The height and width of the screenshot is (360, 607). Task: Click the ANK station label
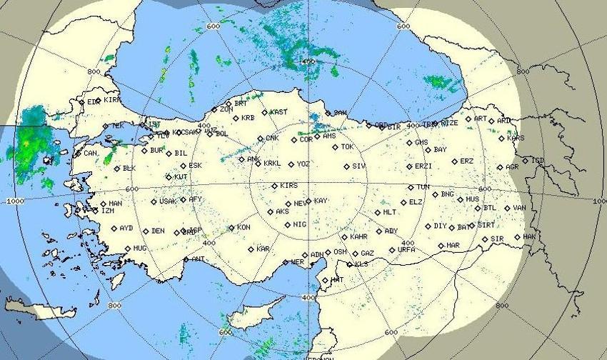click(x=254, y=159)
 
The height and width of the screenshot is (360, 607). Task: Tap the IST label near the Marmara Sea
click(x=154, y=124)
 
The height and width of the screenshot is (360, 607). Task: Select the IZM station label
click(x=108, y=211)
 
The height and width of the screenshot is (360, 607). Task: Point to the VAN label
click(x=519, y=209)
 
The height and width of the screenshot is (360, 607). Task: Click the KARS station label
click(x=516, y=139)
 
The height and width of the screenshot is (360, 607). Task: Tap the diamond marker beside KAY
click(x=308, y=201)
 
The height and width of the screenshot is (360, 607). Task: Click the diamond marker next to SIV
click(x=346, y=166)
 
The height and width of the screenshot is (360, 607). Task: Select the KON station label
click(x=244, y=228)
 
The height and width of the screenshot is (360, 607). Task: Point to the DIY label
click(x=440, y=226)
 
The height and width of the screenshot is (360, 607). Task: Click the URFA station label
click(x=406, y=250)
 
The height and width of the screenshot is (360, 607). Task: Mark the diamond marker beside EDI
click(x=81, y=102)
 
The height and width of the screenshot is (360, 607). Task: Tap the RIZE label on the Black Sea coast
click(x=450, y=123)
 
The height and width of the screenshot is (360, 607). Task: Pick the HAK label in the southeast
click(x=529, y=236)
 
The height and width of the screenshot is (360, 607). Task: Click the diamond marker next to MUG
click(x=128, y=249)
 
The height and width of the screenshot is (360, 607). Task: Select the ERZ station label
click(x=466, y=161)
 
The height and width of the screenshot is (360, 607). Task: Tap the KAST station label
click(x=279, y=112)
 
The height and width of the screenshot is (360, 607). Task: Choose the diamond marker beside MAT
click(x=325, y=280)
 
